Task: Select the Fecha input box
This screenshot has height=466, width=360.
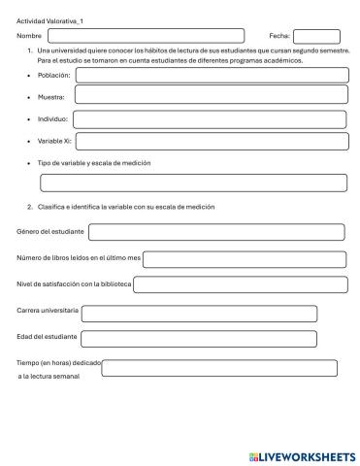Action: point(316,36)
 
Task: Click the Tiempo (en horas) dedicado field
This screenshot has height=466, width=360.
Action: point(219,368)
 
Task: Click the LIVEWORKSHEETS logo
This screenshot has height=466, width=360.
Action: point(302,455)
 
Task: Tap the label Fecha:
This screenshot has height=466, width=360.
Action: point(279,36)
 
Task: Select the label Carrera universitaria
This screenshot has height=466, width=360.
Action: point(48,311)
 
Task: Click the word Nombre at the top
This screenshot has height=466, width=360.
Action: point(30,36)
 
